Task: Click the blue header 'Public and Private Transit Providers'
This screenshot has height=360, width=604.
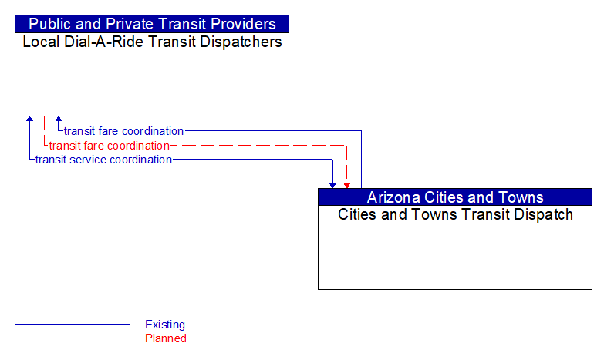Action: [x=152, y=24]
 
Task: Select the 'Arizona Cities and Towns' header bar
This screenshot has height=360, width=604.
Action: [x=455, y=197]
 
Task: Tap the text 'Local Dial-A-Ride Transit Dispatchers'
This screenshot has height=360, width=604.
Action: [x=152, y=42]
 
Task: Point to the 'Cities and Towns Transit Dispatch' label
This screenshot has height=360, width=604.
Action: [x=455, y=214]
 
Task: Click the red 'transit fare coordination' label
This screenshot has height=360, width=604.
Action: [x=109, y=145]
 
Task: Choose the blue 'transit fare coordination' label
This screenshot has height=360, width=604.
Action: [x=123, y=131]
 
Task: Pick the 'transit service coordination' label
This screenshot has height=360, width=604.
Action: [x=103, y=160]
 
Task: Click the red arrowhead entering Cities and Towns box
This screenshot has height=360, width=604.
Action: [x=347, y=185]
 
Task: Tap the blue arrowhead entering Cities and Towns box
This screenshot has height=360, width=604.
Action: [x=332, y=185]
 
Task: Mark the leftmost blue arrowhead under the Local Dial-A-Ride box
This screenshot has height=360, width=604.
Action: [x=29, y=119]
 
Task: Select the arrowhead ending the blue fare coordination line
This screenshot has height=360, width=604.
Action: [x=59, y=119]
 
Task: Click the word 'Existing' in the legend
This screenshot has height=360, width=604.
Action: [x=165, y=325]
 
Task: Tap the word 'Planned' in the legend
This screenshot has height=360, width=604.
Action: [x=166, y=338]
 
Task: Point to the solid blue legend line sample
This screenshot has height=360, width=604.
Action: [x=73, y=325]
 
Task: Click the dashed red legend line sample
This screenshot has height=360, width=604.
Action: [x=73, y=338]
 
